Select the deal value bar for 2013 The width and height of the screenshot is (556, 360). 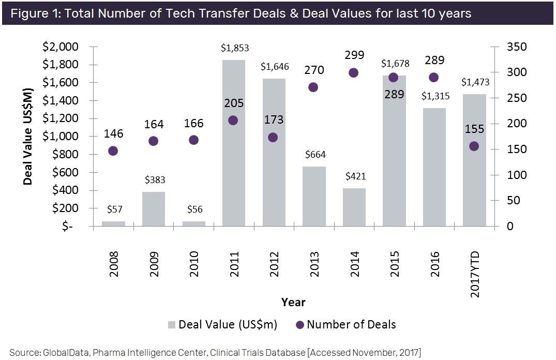point(314,197)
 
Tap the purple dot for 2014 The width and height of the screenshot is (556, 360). point(354,73)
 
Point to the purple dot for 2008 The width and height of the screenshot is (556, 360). point(113,151)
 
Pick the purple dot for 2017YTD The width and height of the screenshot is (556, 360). point(474,146)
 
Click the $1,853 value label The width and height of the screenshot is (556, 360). point(234,49)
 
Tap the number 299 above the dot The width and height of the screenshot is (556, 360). point(354,55)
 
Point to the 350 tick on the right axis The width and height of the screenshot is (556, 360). point(516,47)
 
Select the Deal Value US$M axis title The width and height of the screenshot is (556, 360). point(28,137)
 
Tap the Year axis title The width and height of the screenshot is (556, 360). point(293,302)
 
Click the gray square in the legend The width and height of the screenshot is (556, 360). point(172,325)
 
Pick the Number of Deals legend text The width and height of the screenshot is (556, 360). point(351,325)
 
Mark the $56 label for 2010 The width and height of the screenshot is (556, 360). point(193,210)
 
